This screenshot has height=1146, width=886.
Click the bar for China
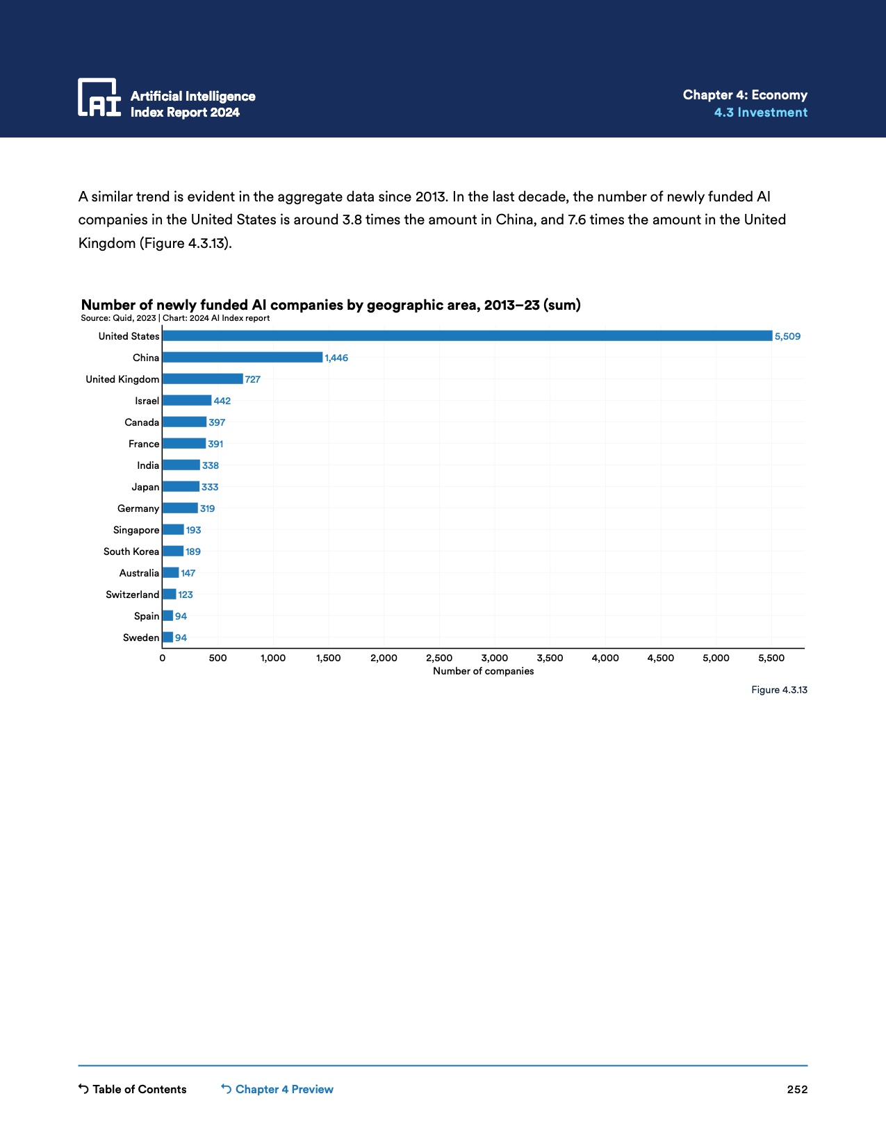[x=243, y=358]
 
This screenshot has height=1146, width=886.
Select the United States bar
[x=467, y=336]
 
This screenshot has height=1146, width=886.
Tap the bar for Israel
[x=187, y=401]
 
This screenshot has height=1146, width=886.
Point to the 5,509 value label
[x=787, y=336]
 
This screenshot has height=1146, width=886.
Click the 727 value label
[x=253, y=379]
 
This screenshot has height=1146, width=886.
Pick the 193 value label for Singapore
[x=193, y=530]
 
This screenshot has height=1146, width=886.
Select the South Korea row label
[x=131, y=551]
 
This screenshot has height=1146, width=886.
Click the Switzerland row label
[x=132, y=595]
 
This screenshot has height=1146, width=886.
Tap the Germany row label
[x=138, y=508]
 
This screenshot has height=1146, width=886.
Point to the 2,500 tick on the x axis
[x=439, y=658]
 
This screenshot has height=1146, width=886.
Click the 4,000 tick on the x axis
[x=605, y=658]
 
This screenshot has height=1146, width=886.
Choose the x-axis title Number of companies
[x=484, y=671]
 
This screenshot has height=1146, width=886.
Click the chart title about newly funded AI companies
[x=331, y=305]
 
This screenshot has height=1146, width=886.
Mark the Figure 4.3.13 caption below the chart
[x=779, y=690]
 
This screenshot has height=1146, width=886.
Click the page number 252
[x=797, y=1089]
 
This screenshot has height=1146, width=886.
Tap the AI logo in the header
[x=99, y=97]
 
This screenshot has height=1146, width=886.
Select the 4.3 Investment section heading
[x=760, y=113]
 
